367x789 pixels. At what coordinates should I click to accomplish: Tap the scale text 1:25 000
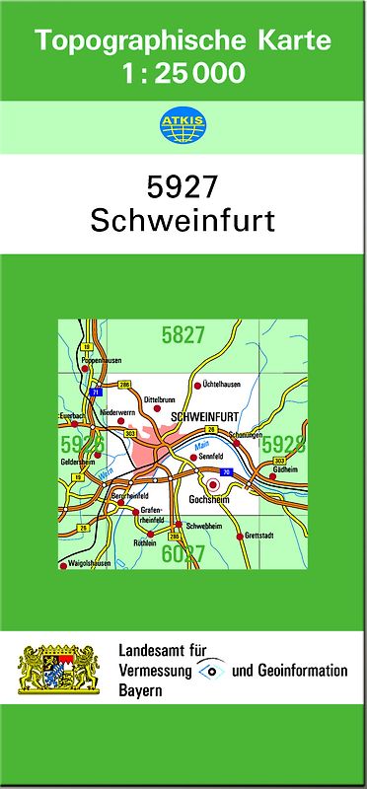point(184,72)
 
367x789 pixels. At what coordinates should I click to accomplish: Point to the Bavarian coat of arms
point(60,671)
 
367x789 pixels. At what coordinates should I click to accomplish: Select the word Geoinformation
point(300,671)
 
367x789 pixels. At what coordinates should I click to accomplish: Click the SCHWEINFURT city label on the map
point(206,417)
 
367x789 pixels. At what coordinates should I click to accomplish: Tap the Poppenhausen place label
point(101,361)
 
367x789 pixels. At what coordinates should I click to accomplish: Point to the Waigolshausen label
point(89,565)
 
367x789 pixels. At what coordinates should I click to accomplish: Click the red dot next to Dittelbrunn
point(155,407)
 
